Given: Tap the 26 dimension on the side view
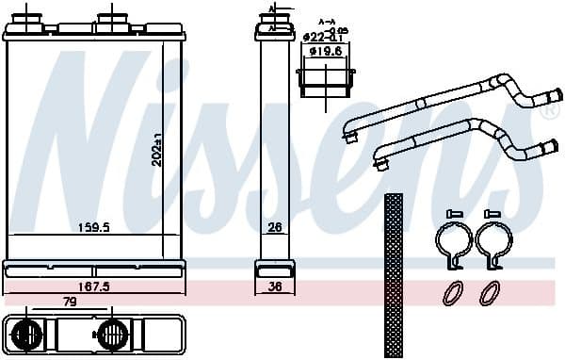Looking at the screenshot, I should point(275,227).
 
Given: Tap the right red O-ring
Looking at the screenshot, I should point(490,292).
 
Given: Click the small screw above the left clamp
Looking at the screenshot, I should point(450,215).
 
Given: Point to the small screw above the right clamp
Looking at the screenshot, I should point(491,215).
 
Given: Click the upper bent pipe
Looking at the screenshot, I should point(443,105).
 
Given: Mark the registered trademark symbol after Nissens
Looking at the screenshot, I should point(550,110).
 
